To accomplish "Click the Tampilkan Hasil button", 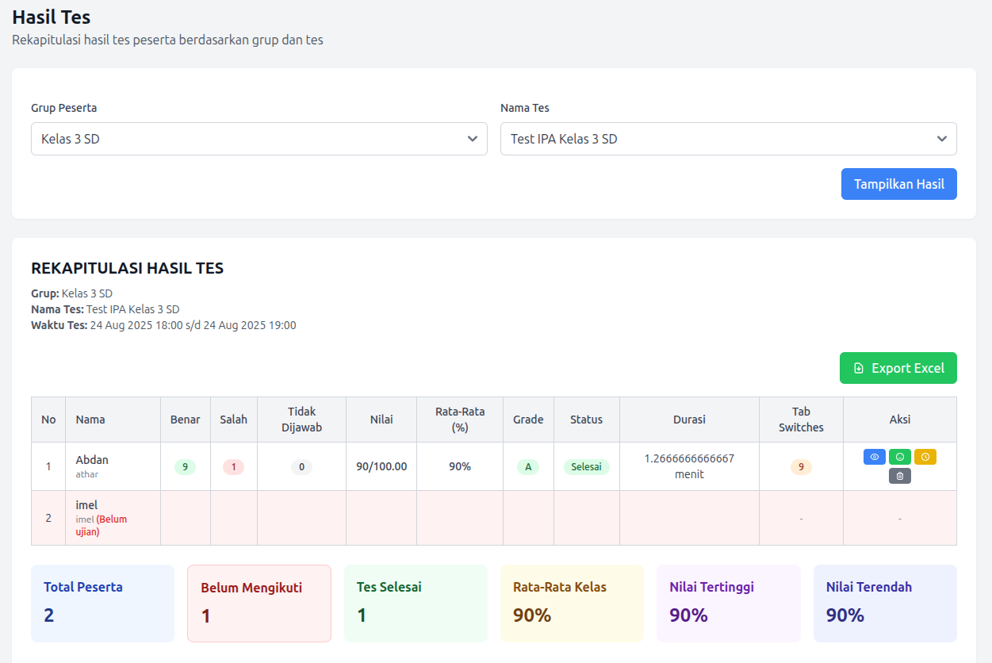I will click(898, 184).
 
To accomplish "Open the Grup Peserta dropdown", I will click(259, 139).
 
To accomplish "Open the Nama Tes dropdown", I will click(728, 139).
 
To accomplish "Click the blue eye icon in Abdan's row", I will click(875, 457).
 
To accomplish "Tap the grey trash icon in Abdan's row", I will click(899, 476).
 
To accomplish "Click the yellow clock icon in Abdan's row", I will click(925, 457).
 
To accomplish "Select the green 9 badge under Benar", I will click(185, 467).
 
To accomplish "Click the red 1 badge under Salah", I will click(233, 467).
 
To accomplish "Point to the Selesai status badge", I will click(586, 467).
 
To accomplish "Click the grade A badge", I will click(528, 467).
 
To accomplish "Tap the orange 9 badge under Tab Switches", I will click(801, 467).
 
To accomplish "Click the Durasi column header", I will click(689, 420).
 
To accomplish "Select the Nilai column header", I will click(381, 420).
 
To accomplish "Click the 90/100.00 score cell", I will click(381, 466).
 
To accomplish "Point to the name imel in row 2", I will click(86, 505).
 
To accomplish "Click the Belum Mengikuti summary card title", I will click(251, 588).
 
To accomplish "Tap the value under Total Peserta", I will click(49, 615).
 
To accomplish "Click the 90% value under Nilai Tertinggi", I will click(688, 615).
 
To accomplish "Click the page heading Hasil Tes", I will click(52, 17).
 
